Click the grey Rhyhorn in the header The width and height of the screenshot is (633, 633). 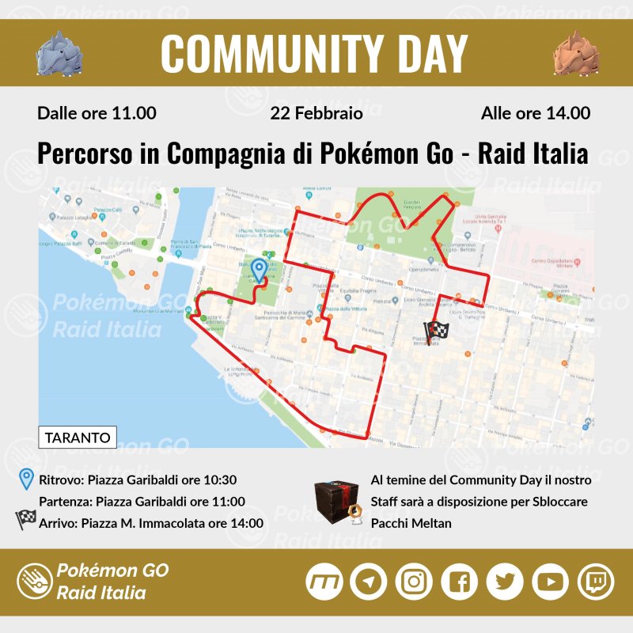coord(59,52)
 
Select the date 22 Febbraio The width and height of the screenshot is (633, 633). coord(316,113)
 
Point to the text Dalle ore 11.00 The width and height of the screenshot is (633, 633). coord(97,113)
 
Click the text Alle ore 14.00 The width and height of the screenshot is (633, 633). coord(536,113)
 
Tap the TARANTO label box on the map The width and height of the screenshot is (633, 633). coord(78,437)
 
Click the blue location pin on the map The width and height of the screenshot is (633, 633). coord(259,271)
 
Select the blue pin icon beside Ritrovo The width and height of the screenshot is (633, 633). coord(27,479)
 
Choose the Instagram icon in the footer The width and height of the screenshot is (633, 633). coord(413,582)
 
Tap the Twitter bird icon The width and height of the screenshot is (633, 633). coord(504,582)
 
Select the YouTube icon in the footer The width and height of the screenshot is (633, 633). coord(550,582)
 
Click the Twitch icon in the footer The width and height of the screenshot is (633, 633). coord(595,582)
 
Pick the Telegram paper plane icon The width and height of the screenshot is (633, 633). coord(368,582)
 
